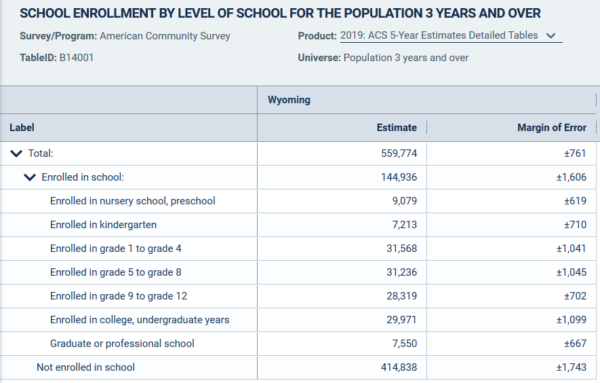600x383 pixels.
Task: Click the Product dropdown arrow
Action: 551,36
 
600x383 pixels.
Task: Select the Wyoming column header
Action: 289,100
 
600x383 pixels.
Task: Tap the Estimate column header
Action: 397,128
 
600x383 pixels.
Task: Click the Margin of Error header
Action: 551,128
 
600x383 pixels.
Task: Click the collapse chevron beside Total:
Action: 16,153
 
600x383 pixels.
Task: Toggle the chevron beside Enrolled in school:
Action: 30,177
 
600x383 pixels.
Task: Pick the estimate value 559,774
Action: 399,153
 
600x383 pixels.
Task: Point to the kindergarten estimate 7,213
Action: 405,225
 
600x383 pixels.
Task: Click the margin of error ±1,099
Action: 571,320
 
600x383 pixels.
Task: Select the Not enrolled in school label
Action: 85,367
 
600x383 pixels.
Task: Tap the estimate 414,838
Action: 399,367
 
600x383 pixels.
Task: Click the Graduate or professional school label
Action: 122,344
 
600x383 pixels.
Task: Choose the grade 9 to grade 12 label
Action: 119,296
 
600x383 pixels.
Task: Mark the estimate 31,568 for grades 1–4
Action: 402,249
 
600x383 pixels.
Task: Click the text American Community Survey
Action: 165,36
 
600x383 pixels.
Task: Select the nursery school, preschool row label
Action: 133,201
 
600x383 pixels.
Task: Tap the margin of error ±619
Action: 575,201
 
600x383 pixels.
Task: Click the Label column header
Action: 22,128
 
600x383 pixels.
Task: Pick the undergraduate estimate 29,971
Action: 402,320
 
